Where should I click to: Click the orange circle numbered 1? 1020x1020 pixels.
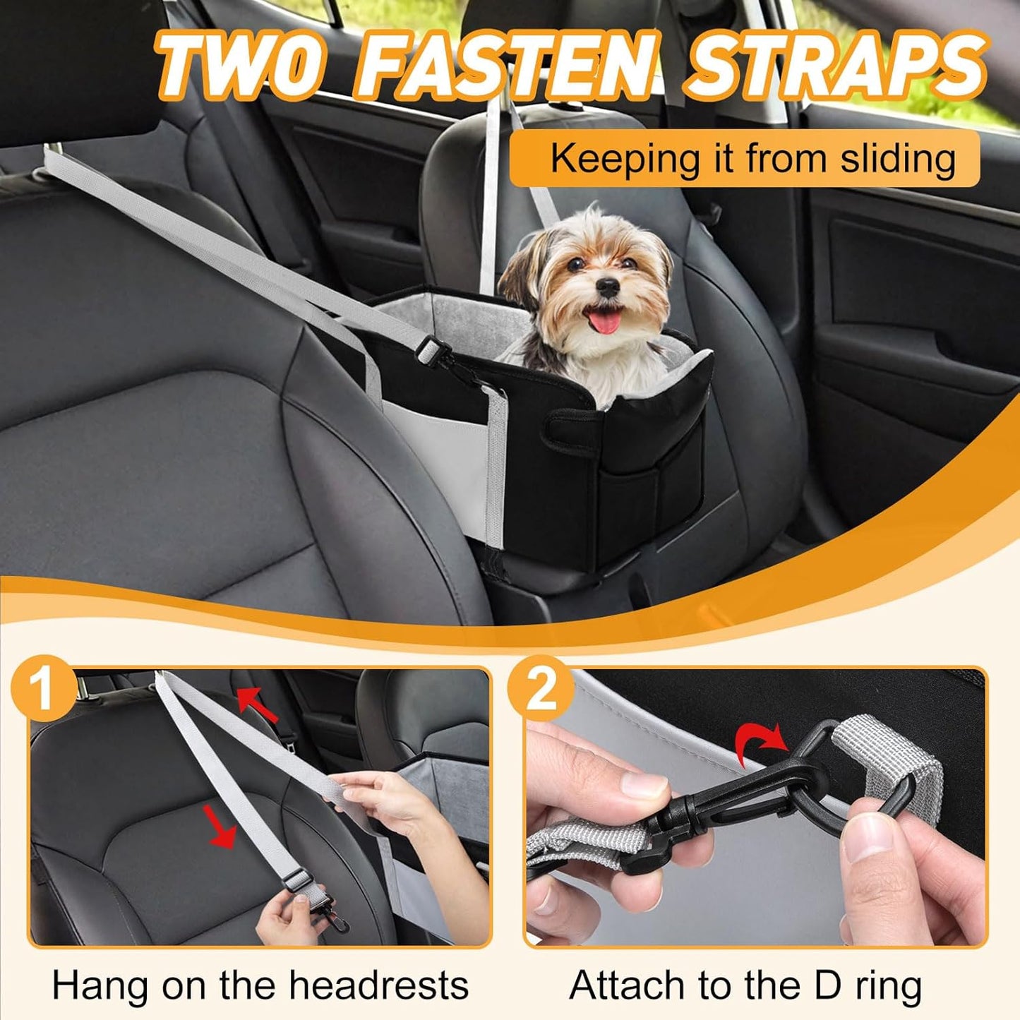pyautogui.click(x=44, y=685)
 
